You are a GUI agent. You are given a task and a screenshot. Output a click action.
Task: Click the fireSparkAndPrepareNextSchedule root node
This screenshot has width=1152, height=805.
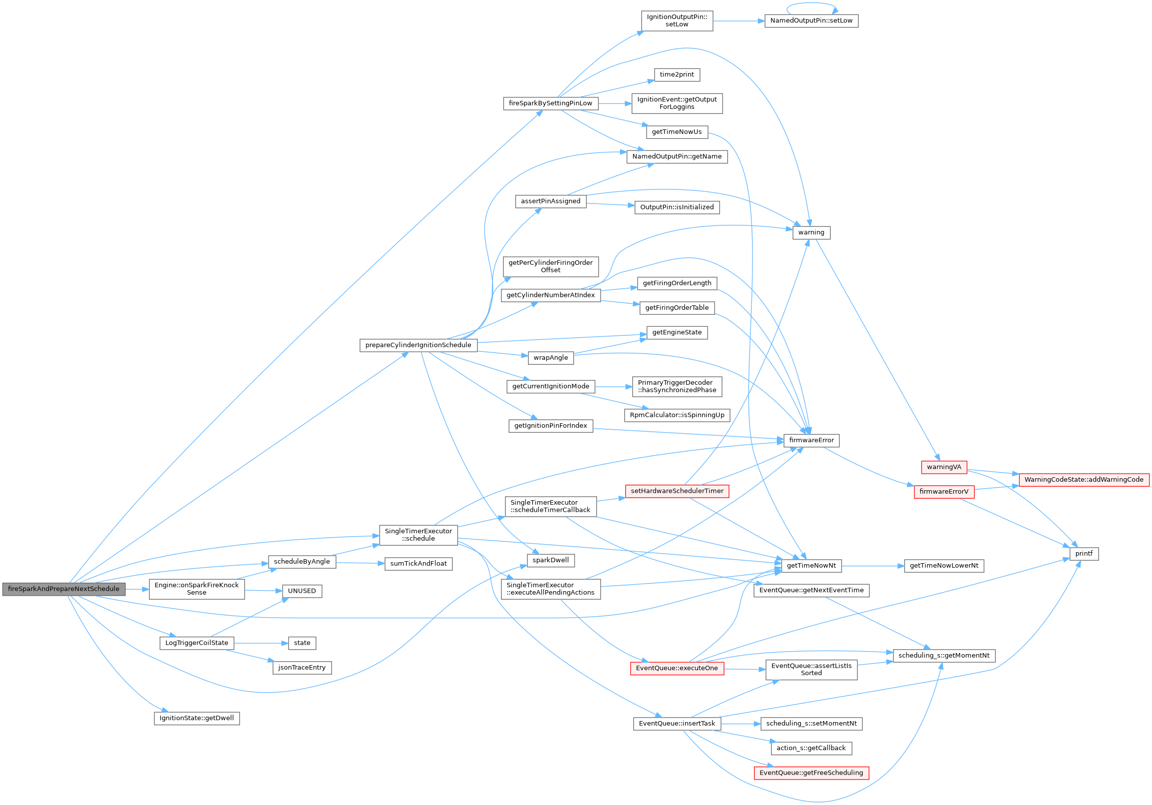pos(63,589)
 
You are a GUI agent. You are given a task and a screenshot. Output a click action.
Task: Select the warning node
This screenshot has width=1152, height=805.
pos(811,233)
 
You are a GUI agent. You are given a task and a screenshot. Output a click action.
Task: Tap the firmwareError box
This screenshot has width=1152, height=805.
pos(811,440)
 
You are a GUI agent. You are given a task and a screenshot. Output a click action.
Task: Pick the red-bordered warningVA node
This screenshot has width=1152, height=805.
pos(944,467)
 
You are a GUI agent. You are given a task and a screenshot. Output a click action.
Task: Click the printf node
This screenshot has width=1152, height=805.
pos(1084,554)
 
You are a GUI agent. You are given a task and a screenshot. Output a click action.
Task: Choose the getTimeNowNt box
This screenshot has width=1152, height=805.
pos(811,566)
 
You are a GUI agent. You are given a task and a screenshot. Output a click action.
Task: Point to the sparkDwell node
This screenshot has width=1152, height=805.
pos(550,560)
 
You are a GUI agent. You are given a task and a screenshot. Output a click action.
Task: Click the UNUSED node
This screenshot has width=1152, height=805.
pos(302,591)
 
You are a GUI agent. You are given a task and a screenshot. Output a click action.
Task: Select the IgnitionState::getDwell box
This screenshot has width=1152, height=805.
pos(196,718)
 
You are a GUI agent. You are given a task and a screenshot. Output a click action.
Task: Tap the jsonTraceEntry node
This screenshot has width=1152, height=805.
pos(302,668)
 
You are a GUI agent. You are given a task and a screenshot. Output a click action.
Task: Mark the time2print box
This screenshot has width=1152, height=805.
pos(677,75)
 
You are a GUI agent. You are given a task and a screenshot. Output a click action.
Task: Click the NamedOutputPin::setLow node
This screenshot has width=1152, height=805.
pos(811,21)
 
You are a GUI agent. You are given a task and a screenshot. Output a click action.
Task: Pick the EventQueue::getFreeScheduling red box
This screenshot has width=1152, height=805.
pos(811,773)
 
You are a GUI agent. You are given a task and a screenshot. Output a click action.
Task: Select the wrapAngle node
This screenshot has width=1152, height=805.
pos(550,358)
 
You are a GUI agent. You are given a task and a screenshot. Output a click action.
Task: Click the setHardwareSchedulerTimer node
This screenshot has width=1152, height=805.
pos(677,491)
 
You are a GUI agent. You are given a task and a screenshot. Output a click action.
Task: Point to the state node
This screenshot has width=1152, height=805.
pos(302,643)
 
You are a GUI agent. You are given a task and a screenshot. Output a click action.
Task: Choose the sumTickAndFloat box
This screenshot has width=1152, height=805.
pos(418,564)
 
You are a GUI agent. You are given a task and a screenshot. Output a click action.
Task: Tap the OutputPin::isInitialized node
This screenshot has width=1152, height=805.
pos(677,207)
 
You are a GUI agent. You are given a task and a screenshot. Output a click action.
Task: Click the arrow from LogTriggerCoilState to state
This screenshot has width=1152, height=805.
pos(261,643)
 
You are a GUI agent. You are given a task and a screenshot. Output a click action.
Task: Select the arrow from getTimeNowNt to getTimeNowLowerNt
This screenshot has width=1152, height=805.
pos(873,566)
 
